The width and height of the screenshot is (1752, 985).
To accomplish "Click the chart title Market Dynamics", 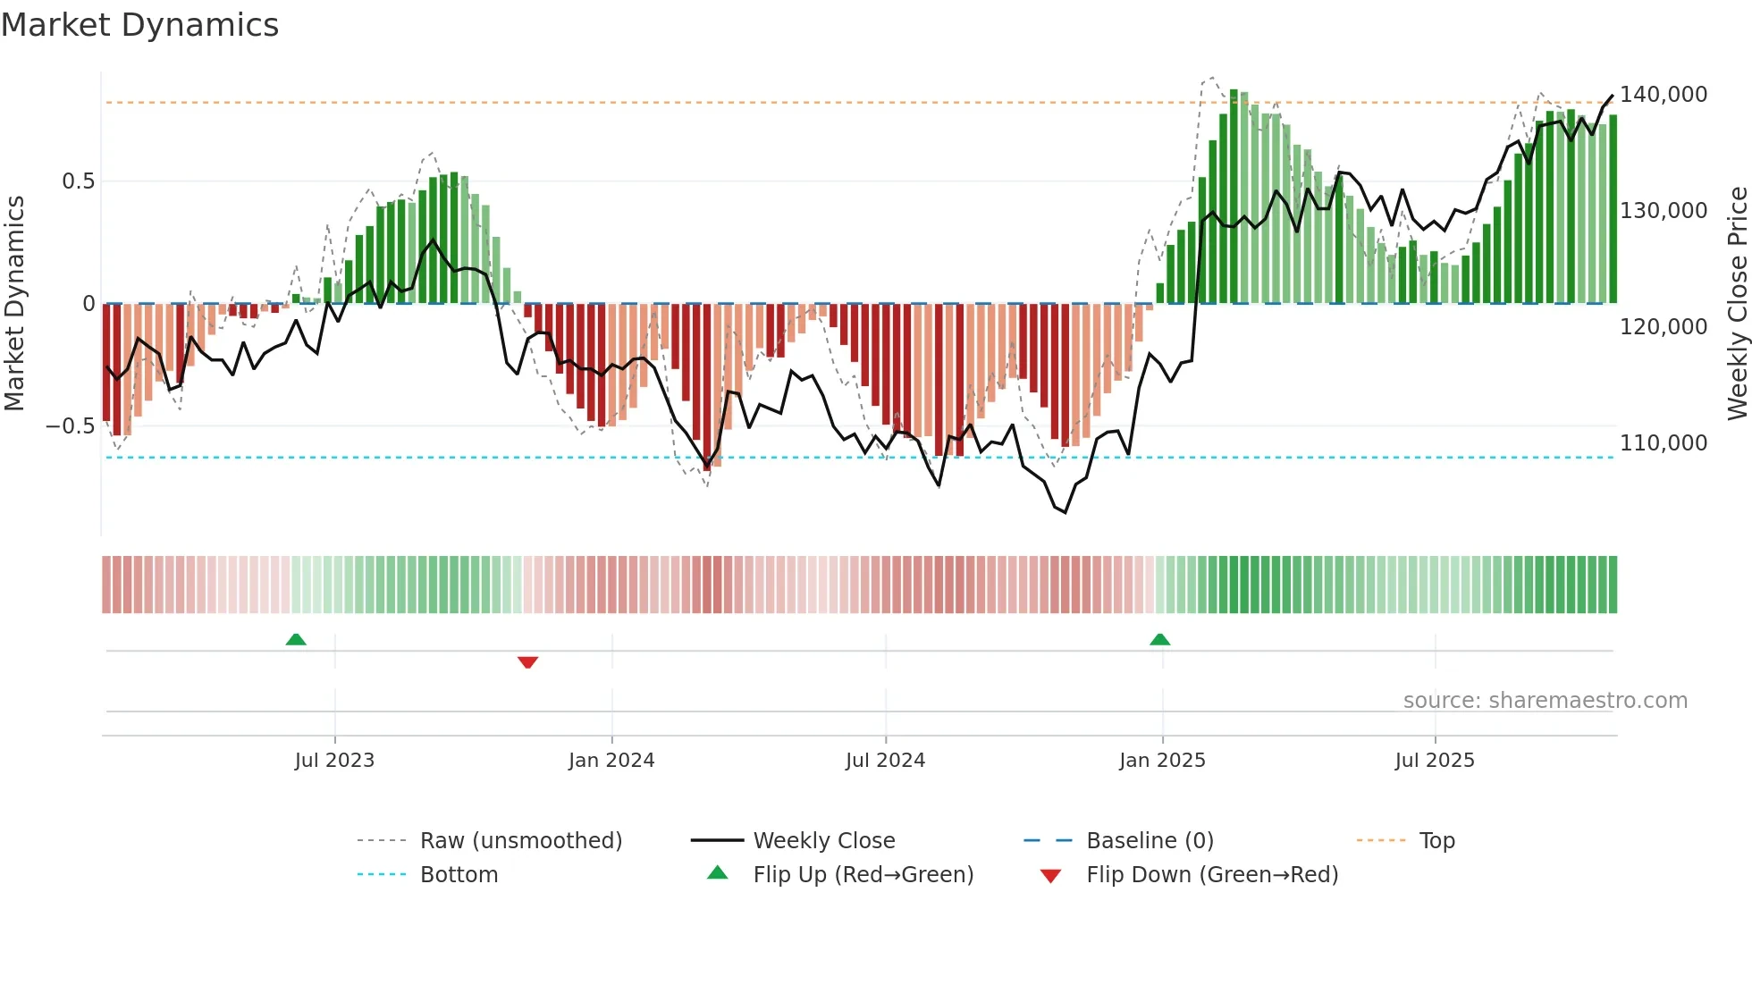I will pos(139,25).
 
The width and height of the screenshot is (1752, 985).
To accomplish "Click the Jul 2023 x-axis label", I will pos(334,761).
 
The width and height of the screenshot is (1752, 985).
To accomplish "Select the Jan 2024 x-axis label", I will pos(611,761).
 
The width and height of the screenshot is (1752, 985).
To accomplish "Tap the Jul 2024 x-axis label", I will pos(885,761).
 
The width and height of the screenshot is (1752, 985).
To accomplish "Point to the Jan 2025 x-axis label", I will pos(1162,761).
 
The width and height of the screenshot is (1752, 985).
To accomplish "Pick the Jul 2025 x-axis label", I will pos(1435,761).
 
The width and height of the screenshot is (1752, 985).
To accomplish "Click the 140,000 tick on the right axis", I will pos(1663,95).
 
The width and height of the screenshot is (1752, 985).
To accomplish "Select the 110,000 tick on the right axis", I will pos(1663,443).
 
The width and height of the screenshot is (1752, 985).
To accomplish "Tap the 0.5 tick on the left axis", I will pos(78,181).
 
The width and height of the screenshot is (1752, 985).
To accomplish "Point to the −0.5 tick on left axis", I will pos(70,426).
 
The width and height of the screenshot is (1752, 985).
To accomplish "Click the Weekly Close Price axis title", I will pos(1737,304).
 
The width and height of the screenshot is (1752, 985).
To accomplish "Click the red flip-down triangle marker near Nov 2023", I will pos(527,662).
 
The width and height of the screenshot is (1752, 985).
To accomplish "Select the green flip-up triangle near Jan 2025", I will pos(1159,639).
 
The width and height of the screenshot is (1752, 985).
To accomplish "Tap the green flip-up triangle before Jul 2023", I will pos(296,639).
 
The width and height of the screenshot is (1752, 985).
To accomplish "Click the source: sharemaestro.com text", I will pos(1545,701).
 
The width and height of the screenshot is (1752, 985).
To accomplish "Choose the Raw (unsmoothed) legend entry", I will pos(520,841).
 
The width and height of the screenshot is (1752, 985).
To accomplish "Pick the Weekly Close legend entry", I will pos(823,841).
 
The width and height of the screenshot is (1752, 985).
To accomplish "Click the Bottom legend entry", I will pos(459,875).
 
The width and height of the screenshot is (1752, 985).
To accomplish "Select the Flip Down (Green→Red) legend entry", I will pos(1211,875).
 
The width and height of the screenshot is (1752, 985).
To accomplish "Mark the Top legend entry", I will pos(1436,841).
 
